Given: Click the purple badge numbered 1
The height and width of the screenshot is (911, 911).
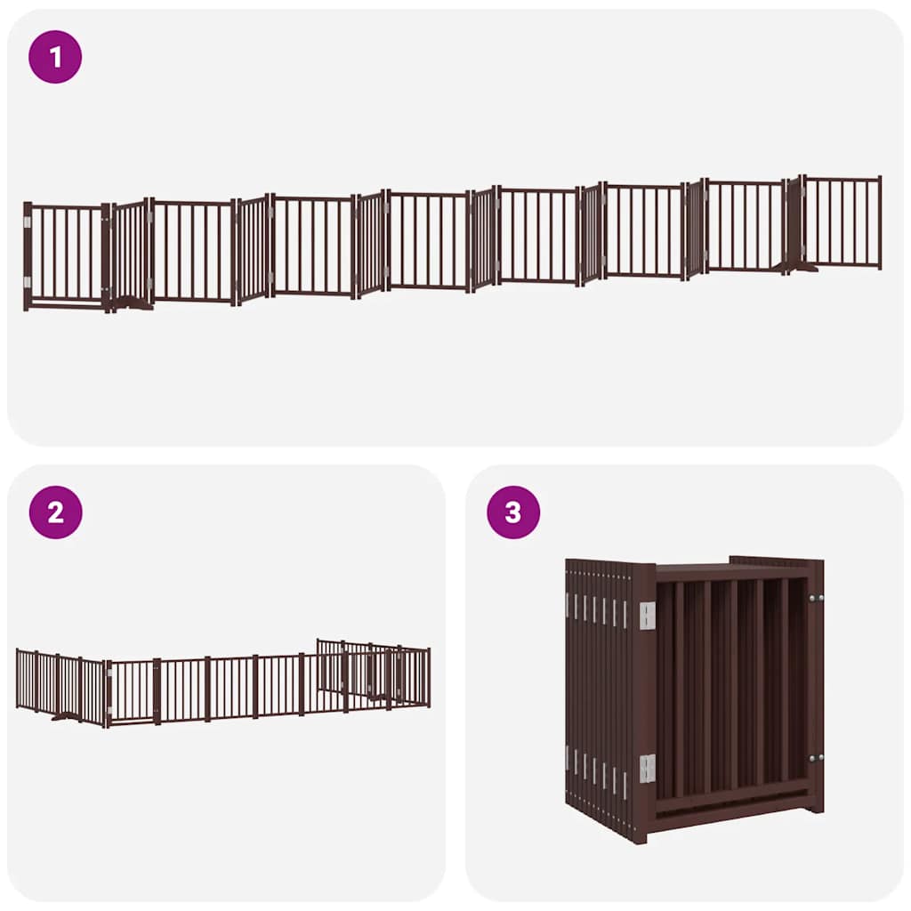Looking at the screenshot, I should [x=55, y=57].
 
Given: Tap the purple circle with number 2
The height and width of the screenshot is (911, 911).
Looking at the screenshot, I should [x=55, y=512].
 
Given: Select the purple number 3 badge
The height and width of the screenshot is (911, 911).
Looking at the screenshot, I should [x=513, y=512].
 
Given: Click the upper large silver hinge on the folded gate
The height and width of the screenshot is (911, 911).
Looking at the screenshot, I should [x=647, y=616].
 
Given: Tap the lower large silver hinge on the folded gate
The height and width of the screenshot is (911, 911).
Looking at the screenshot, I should [x=647, y=768].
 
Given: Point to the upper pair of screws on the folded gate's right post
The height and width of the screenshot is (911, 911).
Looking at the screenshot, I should [x=815, y=598].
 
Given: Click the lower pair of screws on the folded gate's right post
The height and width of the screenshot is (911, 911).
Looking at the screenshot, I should [x=815, y=758].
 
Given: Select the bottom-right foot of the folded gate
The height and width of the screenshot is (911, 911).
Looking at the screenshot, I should [x=813, y=804].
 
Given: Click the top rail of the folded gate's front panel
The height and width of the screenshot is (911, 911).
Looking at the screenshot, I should [x=730, y=572].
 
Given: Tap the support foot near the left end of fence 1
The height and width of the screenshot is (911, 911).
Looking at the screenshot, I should [x=133, y=304].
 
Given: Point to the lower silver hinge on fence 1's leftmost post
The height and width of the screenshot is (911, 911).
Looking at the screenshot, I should [x=28, y=282].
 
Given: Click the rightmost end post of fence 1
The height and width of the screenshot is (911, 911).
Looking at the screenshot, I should [x=880, y=222].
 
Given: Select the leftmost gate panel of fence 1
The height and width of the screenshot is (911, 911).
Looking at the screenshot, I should [x=66, y=255].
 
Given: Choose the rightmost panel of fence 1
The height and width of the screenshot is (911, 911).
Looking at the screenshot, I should [x=842, y=222].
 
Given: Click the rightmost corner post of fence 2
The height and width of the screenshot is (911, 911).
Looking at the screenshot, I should [x=428, y=677].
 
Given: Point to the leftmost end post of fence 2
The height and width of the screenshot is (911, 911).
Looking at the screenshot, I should [x=18, y=678].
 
